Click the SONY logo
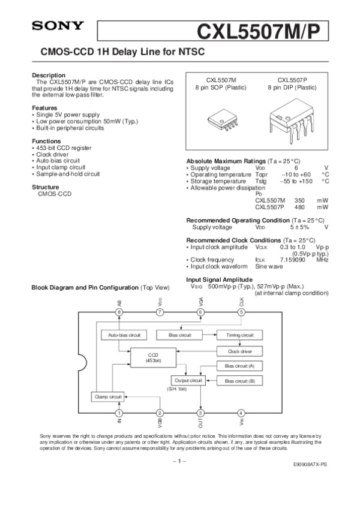click(x=58, y=26)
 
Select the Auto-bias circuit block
click(x=124, y=335)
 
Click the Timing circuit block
click(x=239, y=335)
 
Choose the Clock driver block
click(x=239, y=351)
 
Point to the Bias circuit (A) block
click(x=239, y=366)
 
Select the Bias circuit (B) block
click(x=239, y=381)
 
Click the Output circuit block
click(x=188, y=381)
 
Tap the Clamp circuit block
click(x=108, y=396)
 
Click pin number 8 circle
click(x=120, y=312)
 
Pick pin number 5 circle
click(x=241, y=312)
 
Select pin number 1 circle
click(x=120, y=412)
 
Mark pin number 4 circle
click(x=241, y=412)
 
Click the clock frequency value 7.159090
click(x=294, y=259)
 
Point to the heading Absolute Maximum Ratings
click(x=226, y=162)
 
